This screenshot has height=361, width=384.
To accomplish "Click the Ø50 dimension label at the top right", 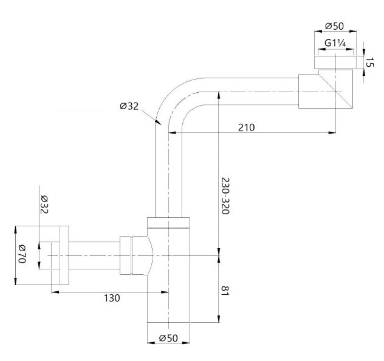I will click(335, 26).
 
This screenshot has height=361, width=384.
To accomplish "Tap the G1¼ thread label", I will click(335, 44).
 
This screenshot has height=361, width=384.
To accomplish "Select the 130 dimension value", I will click(111, 298).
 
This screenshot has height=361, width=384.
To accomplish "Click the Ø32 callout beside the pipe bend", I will click(129, 106).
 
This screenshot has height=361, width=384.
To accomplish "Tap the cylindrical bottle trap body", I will click(169, 279).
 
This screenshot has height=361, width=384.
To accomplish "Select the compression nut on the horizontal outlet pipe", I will click(129, 255).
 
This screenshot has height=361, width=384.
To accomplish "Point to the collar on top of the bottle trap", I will click(169, 222).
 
